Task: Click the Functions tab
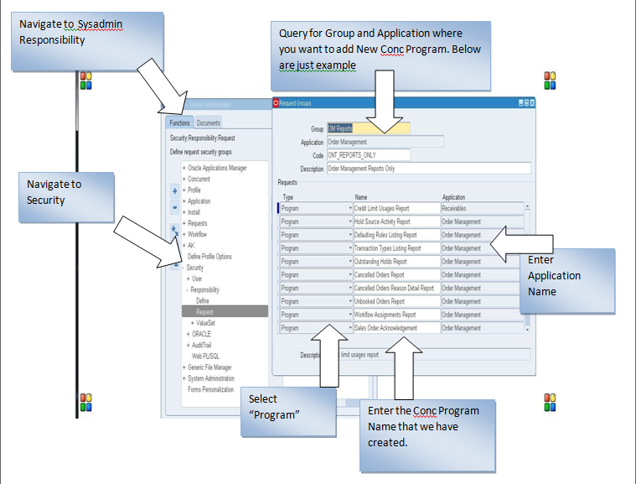tap(180, 122)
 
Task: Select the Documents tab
tap(209, 122)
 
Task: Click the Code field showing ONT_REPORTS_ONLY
tap(368, 155)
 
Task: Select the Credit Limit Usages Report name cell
tap(396, 209)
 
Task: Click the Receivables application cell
tap(482, 209)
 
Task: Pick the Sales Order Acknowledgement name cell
tap(396, 328)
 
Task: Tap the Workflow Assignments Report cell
tap(396, 315)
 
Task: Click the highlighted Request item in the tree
tap(205, 311)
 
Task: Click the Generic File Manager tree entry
tap(209, 367)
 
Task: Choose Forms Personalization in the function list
tap(210, 389)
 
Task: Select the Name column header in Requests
tap(361, 197)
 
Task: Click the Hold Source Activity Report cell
tap(396, 222)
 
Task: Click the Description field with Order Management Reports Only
tap(428, 168)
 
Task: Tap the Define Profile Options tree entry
tap(209, 257)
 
